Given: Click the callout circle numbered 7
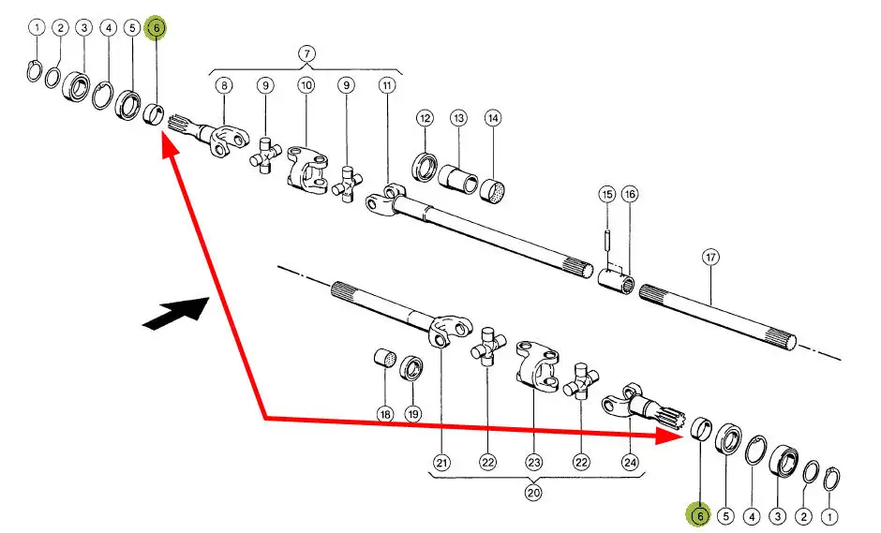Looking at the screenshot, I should (x=306, y=53).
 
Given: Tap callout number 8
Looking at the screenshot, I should (x=224, y=85).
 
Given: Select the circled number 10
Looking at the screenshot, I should (x=306, y=85).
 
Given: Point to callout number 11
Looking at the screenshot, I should (x=387, y=85).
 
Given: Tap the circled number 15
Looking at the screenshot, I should (x=606, y=195).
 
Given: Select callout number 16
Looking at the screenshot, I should (x=629, y=195).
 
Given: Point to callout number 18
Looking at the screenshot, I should (x=384, y=413).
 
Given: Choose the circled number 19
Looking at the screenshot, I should (x=412, y=413).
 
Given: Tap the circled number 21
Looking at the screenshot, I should (x=441, y=461).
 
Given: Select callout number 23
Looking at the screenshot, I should (x=533, y=461).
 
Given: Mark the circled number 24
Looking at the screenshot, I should (x=630, y=461).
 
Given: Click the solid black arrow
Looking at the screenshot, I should (x=175, y=313).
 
